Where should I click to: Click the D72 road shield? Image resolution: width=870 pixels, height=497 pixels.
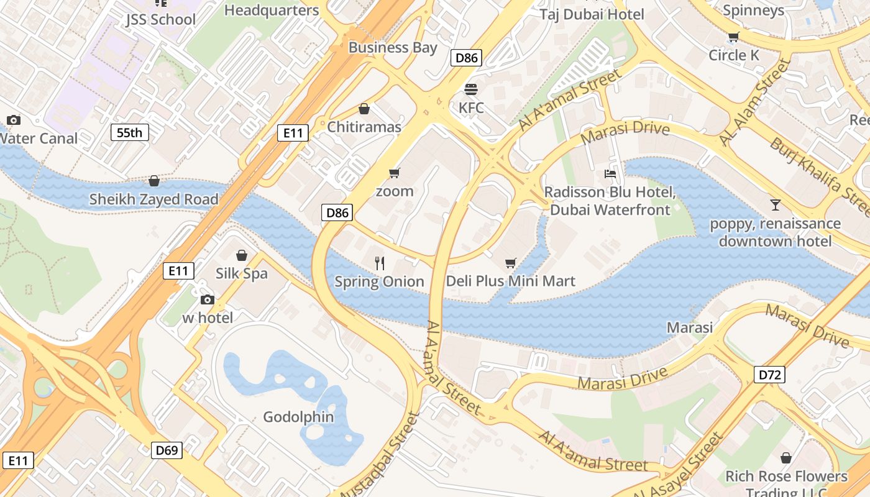(x=769, y=375)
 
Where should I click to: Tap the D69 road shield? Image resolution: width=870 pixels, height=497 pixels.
(x=167, y=450)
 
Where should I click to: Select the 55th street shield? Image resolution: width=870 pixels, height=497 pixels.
(x=129, y=132)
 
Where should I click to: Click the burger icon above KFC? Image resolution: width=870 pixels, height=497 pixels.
(x=471, y=89)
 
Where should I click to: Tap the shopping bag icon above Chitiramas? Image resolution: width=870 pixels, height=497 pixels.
(x=364, y=109)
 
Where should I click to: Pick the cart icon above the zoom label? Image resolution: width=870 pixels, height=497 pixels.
(x=394, y=173)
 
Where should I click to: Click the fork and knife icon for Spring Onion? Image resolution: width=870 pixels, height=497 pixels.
(x=380, y=263)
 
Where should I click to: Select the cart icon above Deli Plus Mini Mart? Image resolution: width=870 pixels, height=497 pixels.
(x=511, y=263)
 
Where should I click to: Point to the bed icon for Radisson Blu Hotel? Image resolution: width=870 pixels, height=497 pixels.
(x=610, y=173)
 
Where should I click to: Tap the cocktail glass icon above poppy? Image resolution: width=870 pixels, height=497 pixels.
(x=775, y=204)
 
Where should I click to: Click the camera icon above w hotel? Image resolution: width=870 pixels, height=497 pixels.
(x=208, y=300)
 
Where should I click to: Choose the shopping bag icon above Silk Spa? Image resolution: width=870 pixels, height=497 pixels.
(x=242, y=255)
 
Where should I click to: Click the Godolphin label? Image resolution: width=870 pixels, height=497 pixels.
(x=298, y=417)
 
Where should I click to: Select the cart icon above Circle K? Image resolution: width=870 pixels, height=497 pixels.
(x=733, y=37)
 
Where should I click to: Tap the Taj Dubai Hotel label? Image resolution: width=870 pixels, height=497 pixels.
(x=592, y=14)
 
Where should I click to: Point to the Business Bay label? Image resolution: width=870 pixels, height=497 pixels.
(x=393, y=48)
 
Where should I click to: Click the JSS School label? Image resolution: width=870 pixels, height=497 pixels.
(x=160, y=19)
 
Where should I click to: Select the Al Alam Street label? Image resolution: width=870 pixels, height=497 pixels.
(x=754, y=103)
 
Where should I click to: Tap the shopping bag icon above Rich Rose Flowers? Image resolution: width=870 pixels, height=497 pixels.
(x=786, y=458)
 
